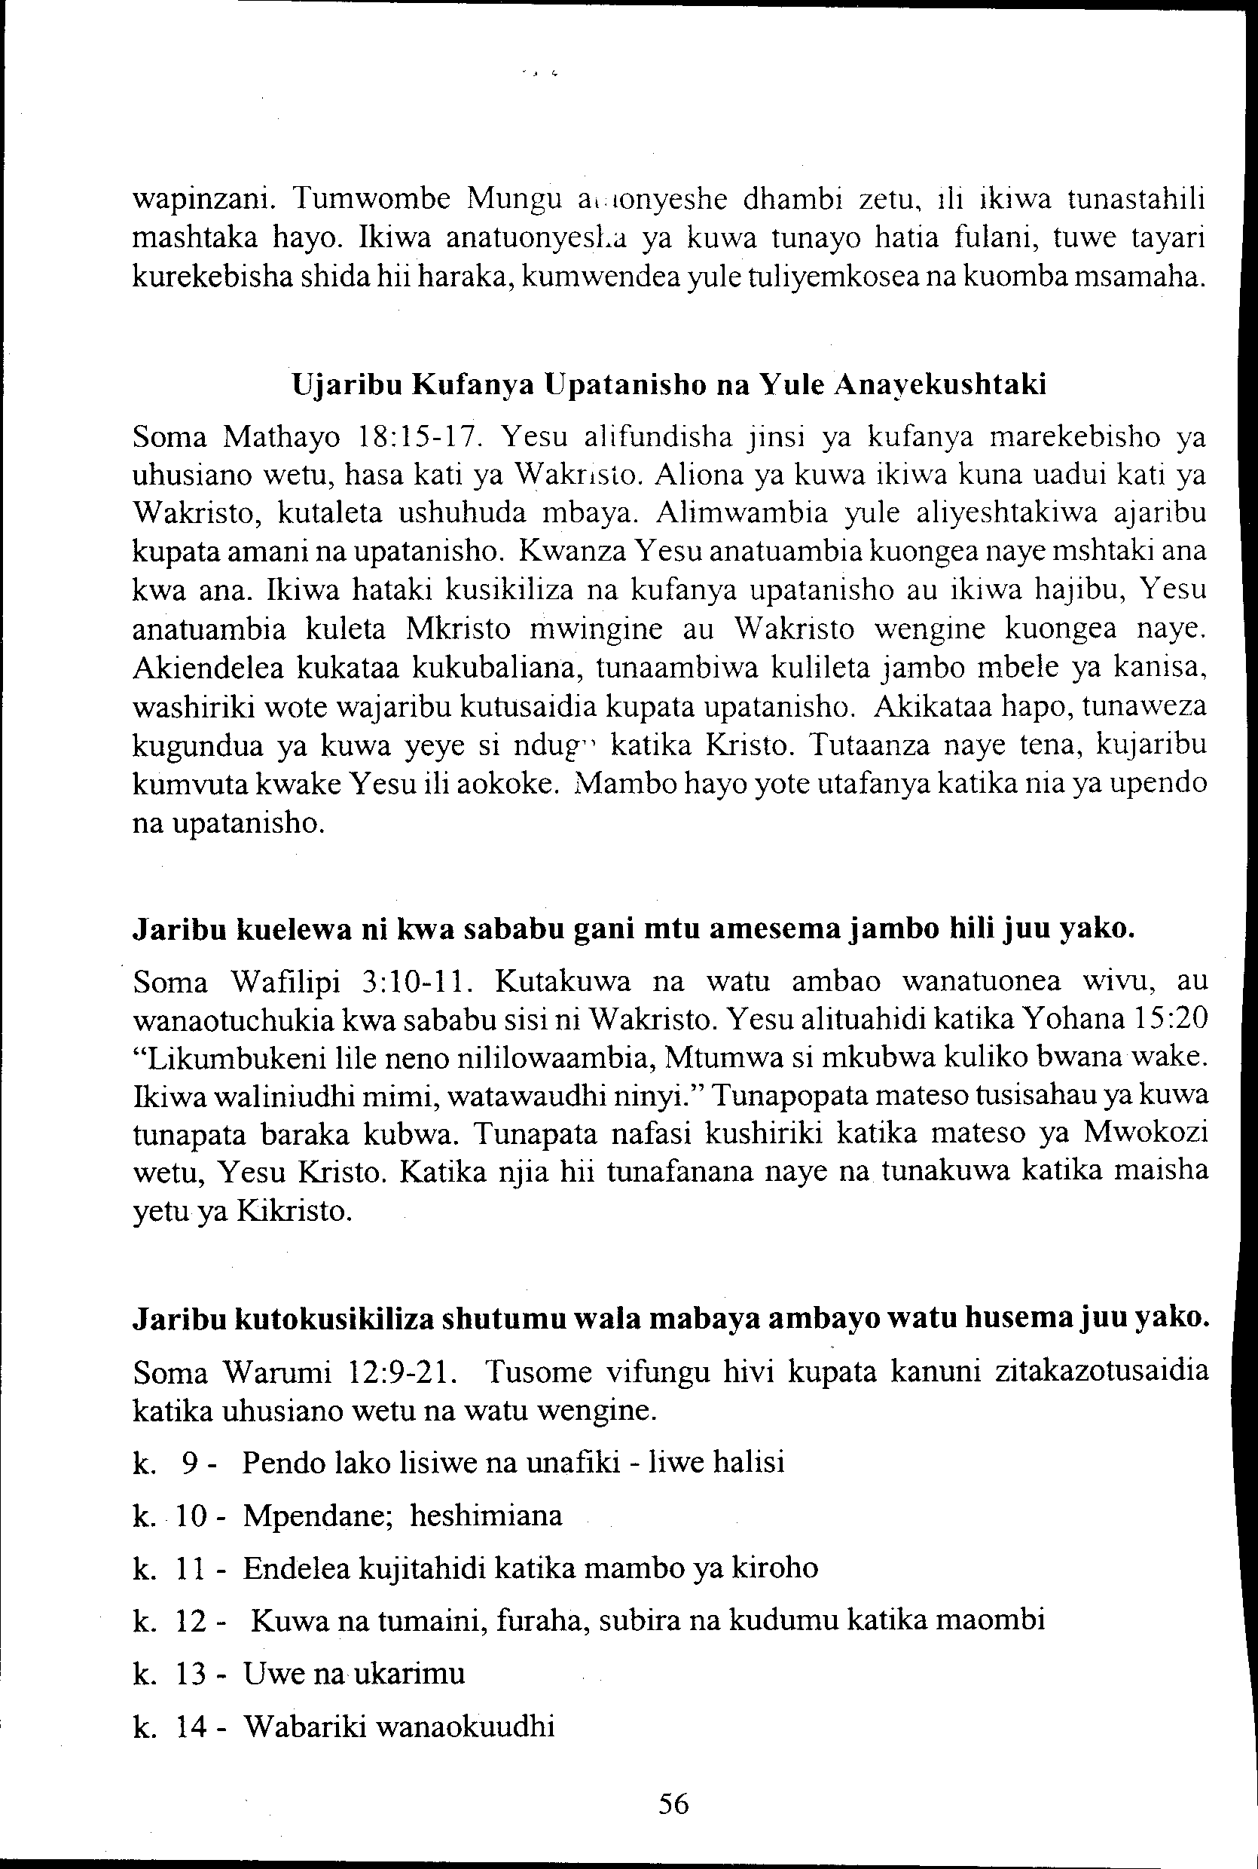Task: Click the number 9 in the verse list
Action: (189, 1462)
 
